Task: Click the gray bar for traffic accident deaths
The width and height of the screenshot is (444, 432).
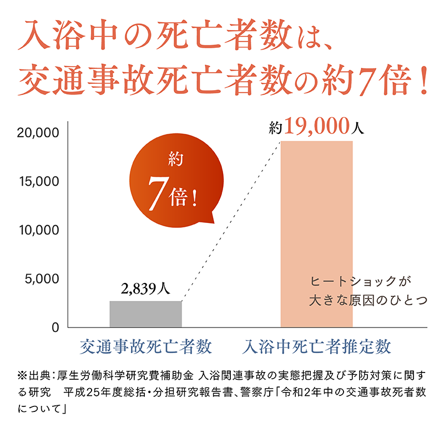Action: pos(145,314)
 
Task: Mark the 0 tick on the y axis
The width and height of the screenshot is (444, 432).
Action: pos(55,327)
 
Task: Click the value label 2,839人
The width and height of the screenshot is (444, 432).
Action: pos(145,289)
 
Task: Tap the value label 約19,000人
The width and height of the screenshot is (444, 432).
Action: pos(316,128)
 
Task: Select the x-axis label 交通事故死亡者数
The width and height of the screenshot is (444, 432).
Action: pos(146,347)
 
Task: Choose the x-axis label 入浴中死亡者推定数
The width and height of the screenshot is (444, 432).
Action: pos(317,347)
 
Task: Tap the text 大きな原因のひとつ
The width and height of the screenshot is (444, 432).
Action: pos(368,301)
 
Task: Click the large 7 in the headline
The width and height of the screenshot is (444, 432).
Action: pos(365,81)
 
